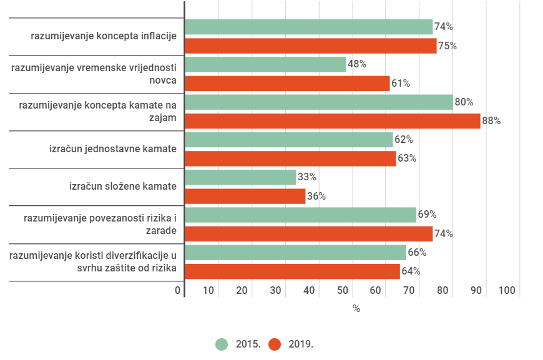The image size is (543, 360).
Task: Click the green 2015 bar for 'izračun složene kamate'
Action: pos(240,177)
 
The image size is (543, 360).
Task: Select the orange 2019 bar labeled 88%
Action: pos(333,121)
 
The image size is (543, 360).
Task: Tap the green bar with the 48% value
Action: pos(265,64)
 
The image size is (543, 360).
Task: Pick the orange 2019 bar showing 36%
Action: pos(245,196)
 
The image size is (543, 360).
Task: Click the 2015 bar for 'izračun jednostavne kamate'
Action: pos(289,140)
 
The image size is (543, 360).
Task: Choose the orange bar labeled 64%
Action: pos(292,271)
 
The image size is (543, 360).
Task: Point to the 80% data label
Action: pos(464,102)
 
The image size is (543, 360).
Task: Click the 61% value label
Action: pos(401,83)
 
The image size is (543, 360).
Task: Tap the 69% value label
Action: pos(427,215)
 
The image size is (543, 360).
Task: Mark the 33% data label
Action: pos(307,177)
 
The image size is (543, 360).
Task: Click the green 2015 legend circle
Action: pos(222,344)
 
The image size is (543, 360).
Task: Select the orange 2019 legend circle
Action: pos(275,344)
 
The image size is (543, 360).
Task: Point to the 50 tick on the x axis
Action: pos(343,290)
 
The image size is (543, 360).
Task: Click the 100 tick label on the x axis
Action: pos(507,290)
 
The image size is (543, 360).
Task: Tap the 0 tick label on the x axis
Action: pos(178,290)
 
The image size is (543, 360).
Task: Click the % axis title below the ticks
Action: pos(356,308)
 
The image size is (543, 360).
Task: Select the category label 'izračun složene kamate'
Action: pos(123,187)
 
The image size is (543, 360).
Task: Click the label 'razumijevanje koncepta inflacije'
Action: pos(104,36)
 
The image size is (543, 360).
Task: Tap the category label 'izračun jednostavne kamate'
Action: pos(113,149)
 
